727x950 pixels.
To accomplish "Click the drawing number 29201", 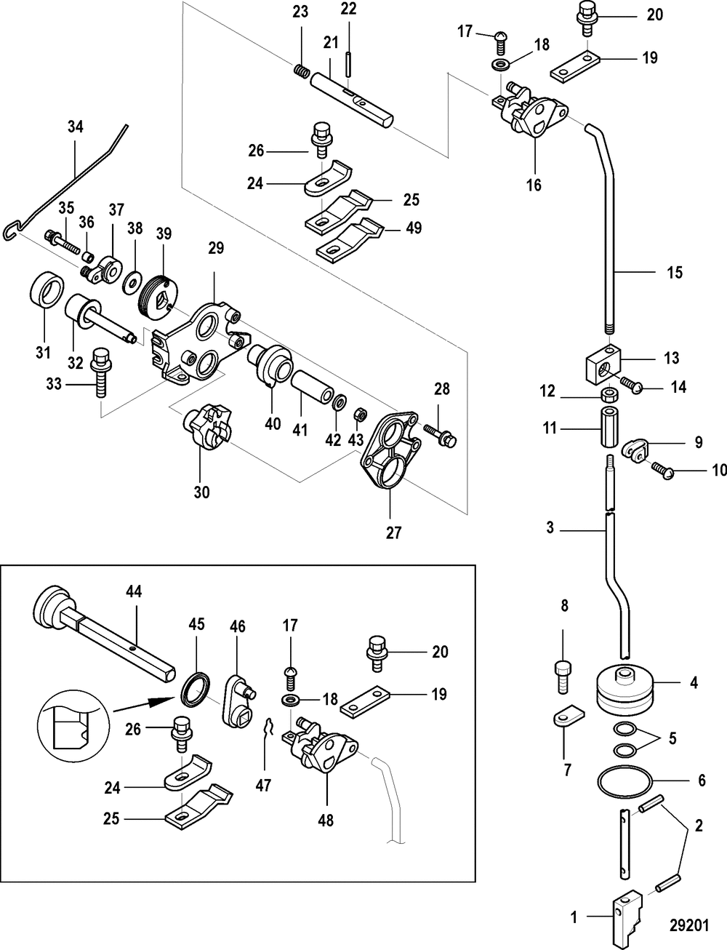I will (688, 925).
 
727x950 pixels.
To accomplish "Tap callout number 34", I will (75, 127).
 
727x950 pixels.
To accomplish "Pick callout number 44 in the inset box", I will (134, 592).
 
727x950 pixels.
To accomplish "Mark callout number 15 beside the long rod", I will (674, 272).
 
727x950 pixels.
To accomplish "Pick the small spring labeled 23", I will (301, 71).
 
